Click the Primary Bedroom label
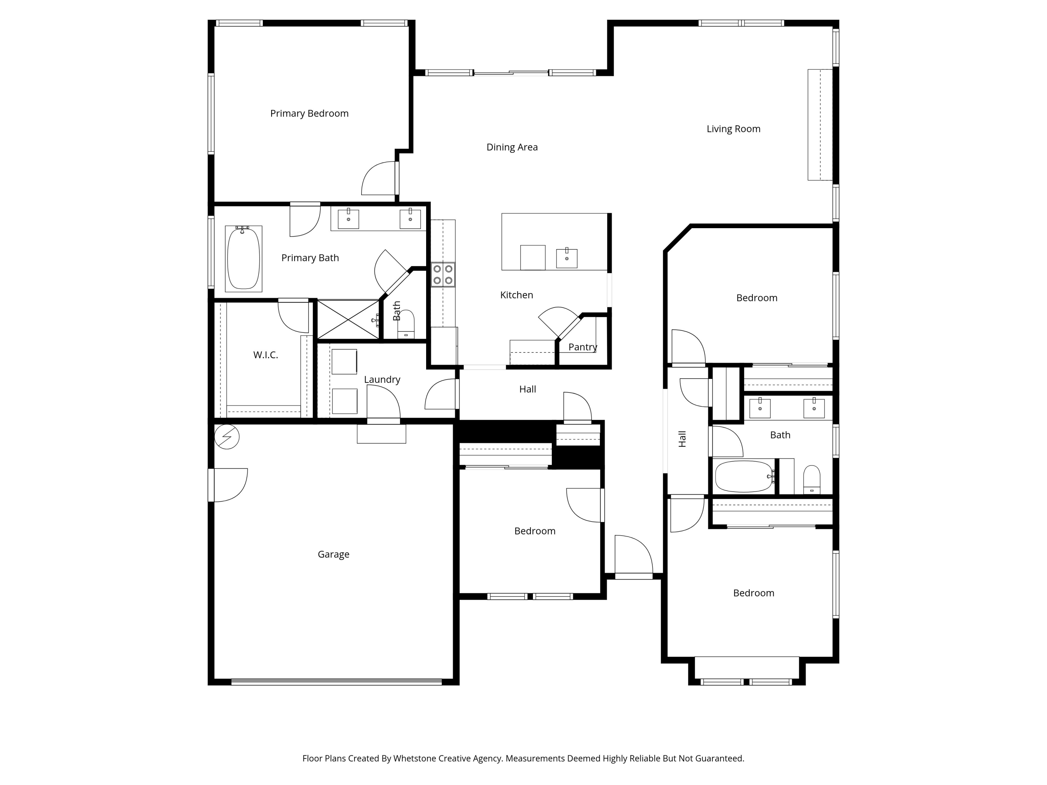[309, 113]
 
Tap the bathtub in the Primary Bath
[243, 259]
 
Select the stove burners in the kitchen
[443, 275]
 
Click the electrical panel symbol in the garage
[227, 437]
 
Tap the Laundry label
[382, 380]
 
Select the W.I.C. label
[266, 355]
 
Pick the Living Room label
[733, 129]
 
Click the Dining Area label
[512, 147]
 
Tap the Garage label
[333, 554]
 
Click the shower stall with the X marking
[348, 320]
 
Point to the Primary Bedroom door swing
[379, 179]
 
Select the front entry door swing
[633, 555]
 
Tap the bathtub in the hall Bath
[744, 477]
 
